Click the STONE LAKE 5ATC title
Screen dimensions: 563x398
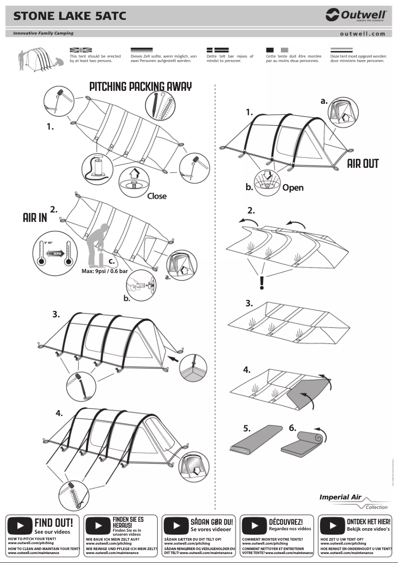(69, 16)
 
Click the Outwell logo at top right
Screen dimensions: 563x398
(356, 15)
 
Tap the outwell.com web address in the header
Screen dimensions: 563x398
(362, 34)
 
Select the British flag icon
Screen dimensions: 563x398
(81, 50)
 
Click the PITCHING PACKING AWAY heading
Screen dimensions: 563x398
(140, 86)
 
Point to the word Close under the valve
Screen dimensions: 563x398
(157, 196)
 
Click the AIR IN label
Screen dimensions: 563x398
(35, 217)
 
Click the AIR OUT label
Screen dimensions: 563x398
(363, 164)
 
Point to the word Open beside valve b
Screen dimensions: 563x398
(293, 188)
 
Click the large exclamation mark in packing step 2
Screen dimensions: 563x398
(262, 282)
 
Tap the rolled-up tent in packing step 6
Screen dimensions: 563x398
(302, 443)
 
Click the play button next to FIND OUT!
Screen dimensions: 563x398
(20, 525)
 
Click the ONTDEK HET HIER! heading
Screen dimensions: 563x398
(368, 522)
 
